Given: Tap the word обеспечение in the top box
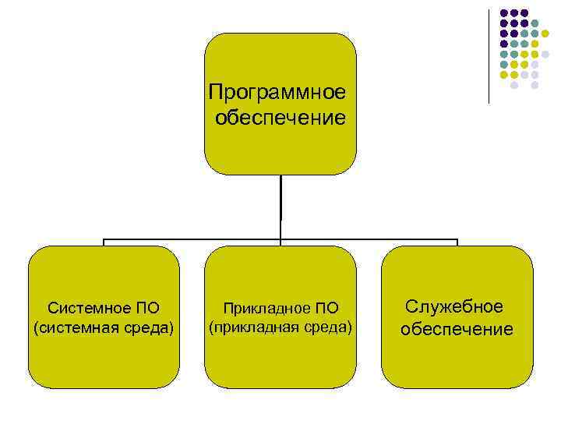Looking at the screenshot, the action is point(280,119).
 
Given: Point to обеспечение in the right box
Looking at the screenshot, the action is point(457,329).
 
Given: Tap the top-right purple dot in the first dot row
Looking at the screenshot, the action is point(524,13).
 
